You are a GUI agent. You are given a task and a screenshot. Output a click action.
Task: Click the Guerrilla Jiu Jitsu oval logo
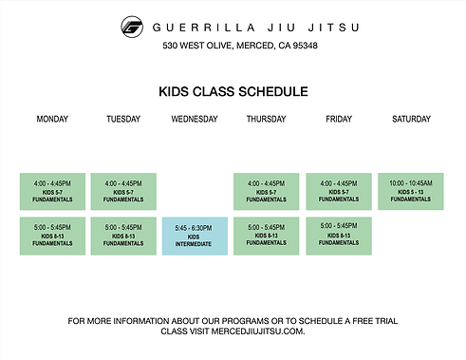(133, 27)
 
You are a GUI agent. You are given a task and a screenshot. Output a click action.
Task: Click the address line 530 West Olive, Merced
(239, 46)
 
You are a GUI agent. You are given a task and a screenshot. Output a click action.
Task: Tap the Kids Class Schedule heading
(233, 92)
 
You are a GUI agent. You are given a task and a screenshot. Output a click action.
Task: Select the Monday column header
(52, 119)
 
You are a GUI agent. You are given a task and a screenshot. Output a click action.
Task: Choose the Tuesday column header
(123, 119)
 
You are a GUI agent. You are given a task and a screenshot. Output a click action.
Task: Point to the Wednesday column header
(195, 119)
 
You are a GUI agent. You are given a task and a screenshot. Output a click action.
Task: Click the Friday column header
(338, 119)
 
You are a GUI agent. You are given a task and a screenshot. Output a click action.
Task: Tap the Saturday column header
(411, 119)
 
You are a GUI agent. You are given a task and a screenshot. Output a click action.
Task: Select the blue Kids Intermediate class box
(195, 236)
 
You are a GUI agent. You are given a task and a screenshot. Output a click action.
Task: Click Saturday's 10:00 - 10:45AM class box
(410, 191)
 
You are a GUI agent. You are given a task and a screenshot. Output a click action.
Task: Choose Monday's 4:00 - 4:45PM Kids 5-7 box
(52, 191)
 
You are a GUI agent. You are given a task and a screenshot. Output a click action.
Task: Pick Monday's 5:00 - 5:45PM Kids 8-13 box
(52, 235)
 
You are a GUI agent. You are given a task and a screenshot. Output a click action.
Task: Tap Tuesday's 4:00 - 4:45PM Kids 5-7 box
(123, 191)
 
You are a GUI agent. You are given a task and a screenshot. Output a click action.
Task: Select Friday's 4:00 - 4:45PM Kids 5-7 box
(338, 191)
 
